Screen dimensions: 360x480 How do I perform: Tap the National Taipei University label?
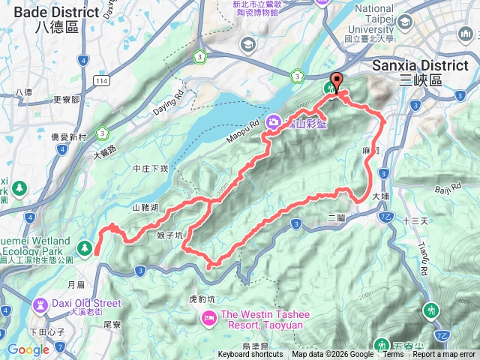point(385,22)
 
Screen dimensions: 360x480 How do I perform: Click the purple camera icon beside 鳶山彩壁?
point(275,121)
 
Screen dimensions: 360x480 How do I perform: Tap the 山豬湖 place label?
point(145,207)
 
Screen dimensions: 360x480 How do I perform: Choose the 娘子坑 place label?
point(169,235)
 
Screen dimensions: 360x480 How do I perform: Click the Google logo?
point(28,349)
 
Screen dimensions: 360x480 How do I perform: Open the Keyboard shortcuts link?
point(250,355)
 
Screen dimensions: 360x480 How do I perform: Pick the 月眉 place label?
point(76,284)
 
